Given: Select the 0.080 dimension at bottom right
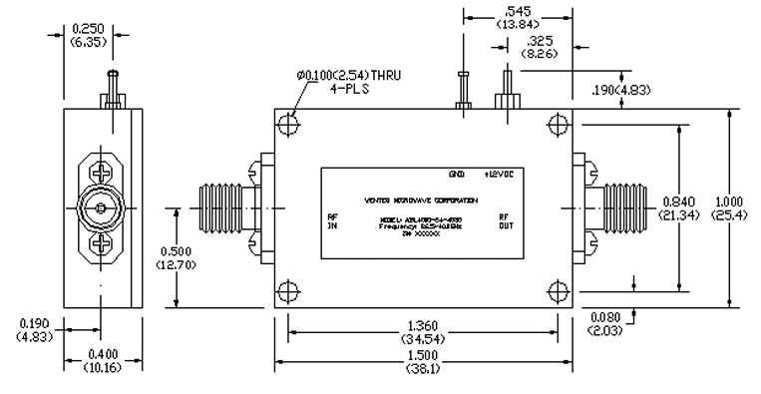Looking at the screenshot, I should click(x=604, y=323).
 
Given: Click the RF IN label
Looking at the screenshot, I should click(x=333, y=220).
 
